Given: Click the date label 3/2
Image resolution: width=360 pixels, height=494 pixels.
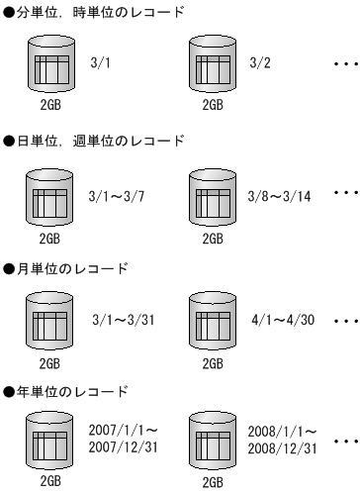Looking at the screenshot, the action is coord(260,60).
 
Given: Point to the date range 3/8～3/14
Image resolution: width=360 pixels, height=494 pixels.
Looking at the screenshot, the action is coord(281,197).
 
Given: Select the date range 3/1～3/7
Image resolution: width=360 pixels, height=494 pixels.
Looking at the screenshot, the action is coord(118,197).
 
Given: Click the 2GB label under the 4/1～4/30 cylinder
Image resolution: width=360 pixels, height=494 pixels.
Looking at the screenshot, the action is coord(211,363).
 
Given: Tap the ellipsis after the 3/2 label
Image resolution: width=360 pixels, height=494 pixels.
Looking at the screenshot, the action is coord(345,62).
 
